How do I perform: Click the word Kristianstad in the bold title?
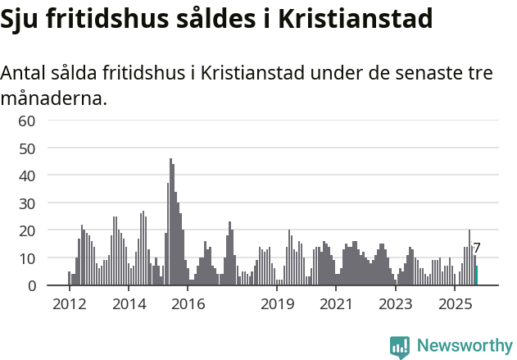tap(356, 19)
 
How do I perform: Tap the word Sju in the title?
tap(20, 19)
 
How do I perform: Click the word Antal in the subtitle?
tap(23, 72)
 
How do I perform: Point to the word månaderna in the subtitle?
tap(52, 99)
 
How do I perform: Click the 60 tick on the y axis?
tap(27, 121)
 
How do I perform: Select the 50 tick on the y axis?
tap(27, 148)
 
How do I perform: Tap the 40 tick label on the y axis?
tap(27, 175)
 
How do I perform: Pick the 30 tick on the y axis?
tap(27, 203)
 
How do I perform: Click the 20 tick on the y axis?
tap(27, 230)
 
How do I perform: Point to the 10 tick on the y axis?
tap(27, 258)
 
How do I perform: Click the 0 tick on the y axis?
tap(31, 285)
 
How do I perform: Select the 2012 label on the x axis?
tap(69, 304)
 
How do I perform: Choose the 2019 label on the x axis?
tap(277, 304)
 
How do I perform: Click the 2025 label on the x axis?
tap(455, 304)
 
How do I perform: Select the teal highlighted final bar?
tap(477, 276)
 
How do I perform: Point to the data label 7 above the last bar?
tap(477, 248)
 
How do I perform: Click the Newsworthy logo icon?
tap(400, 347)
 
